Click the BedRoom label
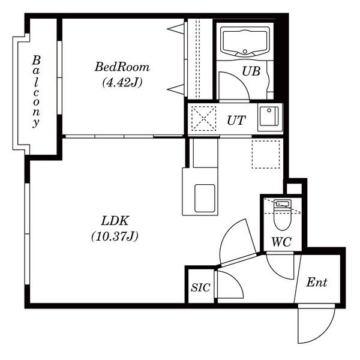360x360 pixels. coord(122,67)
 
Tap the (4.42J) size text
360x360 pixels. coord(122,82)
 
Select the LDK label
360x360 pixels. coord(115,221)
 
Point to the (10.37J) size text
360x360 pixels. coord(115,236)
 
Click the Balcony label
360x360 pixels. coord(36,91)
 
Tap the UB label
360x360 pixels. coord(251,71)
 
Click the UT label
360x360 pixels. coord(236,121)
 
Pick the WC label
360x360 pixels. coord(281,242)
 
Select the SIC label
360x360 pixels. coord(200,287)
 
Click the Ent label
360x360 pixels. coord(317,283)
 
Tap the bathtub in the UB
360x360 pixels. coord(245,41)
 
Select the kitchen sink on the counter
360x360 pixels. coord(205,198)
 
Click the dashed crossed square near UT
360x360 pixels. coord(203,118)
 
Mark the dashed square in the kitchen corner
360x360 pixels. coord(266,155)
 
